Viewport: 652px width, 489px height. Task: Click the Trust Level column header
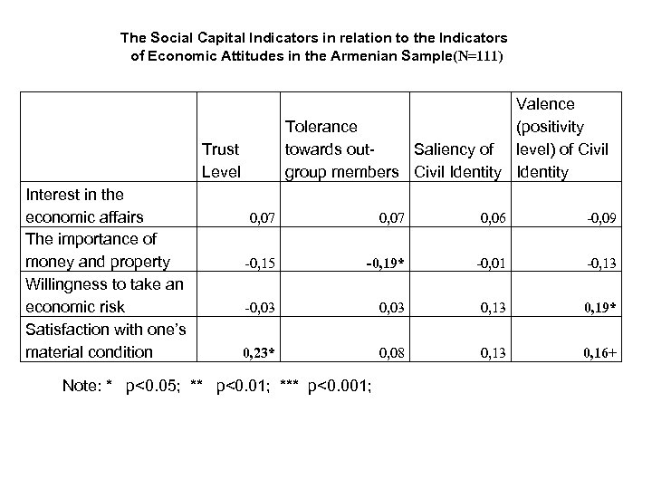pos(221,159)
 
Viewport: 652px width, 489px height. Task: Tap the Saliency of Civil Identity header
pos(456,159)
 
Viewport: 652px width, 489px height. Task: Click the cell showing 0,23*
pos(259,351)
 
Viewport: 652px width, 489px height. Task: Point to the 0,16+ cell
pos(599,351)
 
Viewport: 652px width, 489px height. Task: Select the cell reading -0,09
pos(601,218)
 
